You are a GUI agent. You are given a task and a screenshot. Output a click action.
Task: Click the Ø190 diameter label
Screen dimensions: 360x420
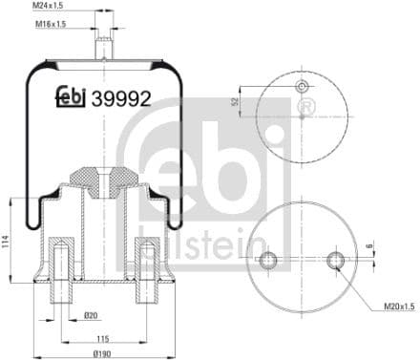coord(99,353)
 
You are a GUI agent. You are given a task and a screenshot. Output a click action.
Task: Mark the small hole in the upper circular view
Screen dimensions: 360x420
coord(304,87)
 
